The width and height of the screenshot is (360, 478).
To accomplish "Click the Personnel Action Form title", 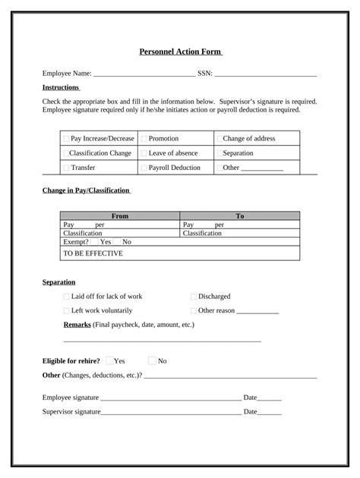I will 179,52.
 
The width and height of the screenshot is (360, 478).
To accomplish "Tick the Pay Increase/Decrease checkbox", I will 66,139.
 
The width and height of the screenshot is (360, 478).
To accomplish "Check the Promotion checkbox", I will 144,139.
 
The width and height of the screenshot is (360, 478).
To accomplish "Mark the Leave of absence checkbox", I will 144,153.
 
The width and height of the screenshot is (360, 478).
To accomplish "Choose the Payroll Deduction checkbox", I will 144,168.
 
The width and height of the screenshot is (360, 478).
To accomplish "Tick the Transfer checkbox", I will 66,168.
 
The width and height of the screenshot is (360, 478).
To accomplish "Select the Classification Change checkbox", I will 66,153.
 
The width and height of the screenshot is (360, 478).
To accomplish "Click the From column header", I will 120,216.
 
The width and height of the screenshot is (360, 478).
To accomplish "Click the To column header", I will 240,216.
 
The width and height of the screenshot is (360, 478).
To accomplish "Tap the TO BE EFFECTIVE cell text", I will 93,253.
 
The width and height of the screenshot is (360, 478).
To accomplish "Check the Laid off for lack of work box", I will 66,297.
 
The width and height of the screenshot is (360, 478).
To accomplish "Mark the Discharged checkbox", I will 194,297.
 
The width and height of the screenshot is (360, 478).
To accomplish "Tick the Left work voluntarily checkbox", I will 66,311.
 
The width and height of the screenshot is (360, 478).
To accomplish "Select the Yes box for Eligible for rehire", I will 110,361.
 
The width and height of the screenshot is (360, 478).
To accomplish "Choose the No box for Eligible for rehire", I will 153,361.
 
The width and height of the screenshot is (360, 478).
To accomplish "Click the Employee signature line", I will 170,398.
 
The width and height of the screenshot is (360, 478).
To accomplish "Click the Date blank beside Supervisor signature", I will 270,412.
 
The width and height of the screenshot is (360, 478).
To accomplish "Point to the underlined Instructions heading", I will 61,88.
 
